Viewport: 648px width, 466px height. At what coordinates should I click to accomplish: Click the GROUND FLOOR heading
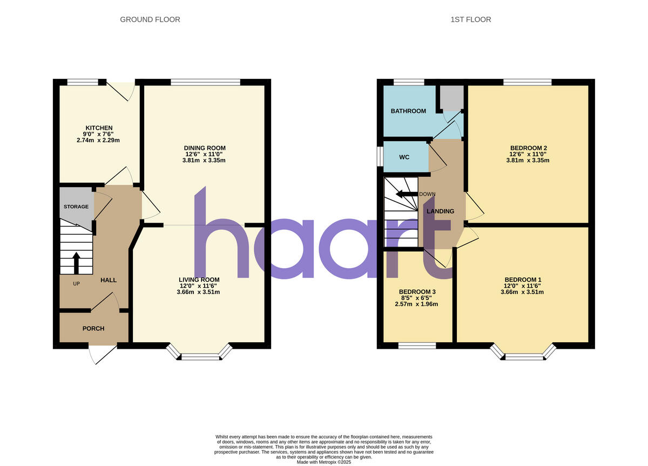pyautogui.click(x=150, y=19)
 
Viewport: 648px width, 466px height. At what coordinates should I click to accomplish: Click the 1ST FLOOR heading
pyautogui.click(x=470, y=19)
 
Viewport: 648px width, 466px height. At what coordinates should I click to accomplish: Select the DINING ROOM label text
pyautogui.click(x=205, y=148)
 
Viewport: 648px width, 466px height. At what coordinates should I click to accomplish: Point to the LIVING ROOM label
pyautogui.click(x=199, y=279)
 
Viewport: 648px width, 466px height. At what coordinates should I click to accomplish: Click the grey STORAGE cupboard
pyautogui.click(x=76, y=207)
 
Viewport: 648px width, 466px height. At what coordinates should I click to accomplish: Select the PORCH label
pyautogui.click(x=93, y=329)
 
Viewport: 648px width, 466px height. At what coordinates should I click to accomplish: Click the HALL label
pyautogui.click(x=108, y=280)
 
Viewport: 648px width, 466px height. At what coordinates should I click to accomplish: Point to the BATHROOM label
pyautogui.click(x=408, y=111)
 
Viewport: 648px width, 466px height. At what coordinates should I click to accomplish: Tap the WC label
pyautogui.click(x=404, y=157)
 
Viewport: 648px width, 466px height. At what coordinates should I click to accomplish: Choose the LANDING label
pyautogui.click(x=440, y=211)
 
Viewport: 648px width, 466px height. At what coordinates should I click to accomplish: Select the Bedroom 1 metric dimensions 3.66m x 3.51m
pyautogui.click(x=522, y=292)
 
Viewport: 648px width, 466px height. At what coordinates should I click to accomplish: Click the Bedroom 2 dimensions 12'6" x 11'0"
pyautogui.click(x=528, y=154)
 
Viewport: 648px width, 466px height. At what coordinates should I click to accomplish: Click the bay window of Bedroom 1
pyautogui.click(x=522, y=354)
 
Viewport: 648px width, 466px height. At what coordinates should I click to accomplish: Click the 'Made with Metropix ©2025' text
pyautogui.click(x=324, y=462)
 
